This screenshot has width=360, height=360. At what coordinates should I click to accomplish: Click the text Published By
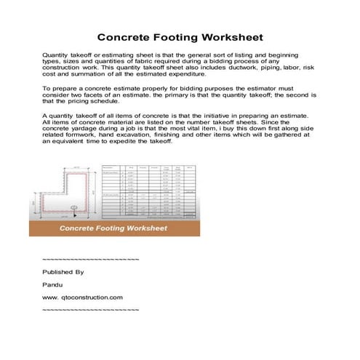63,271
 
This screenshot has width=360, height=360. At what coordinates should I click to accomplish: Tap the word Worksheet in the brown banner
143,228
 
